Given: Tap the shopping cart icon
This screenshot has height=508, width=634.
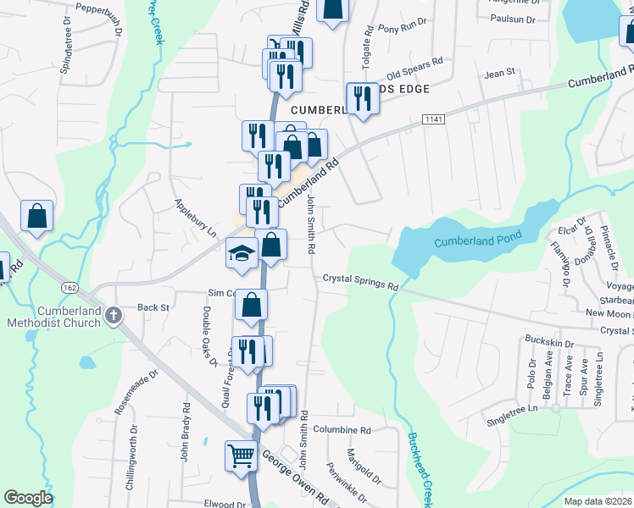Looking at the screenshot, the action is tap(242, 456).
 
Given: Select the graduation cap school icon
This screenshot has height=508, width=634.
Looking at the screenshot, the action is tap(242, 253).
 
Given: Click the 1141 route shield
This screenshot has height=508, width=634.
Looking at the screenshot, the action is tap(434, 121).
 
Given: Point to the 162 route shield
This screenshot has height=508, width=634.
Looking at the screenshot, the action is tap(67, 289).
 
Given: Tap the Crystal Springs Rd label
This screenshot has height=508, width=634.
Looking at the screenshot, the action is tap(360, 282).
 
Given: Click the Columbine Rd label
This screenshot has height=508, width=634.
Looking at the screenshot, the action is tap(342, 430).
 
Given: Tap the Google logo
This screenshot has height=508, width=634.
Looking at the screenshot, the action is tap(28, 498).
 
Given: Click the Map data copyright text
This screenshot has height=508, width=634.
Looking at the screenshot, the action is tap(598, 501).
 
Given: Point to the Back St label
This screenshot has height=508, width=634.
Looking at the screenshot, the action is tap(153, 308).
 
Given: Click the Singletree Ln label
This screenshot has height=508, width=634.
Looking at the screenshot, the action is tap(513, 409).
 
